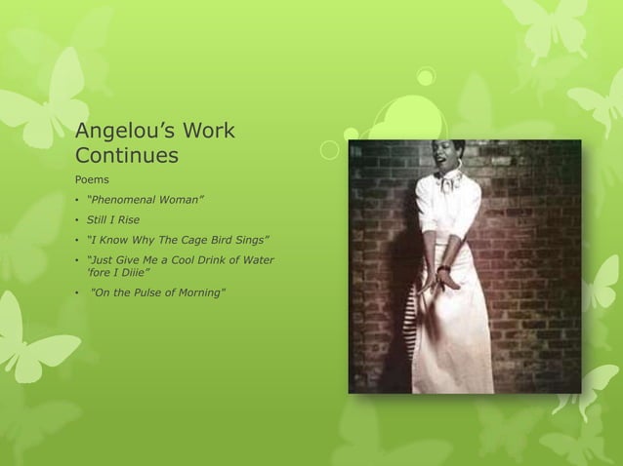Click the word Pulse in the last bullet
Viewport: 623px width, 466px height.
click(x=154, y=292)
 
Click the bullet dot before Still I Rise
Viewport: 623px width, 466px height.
click(x=77, y=220)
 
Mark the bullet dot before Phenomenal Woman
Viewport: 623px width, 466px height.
click(x=77, y=202)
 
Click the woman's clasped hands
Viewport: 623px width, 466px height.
click(x=447, y=278)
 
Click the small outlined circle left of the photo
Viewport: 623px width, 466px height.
click(x=330, y=150)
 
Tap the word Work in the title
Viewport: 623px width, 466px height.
click(x=210, y=131)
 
